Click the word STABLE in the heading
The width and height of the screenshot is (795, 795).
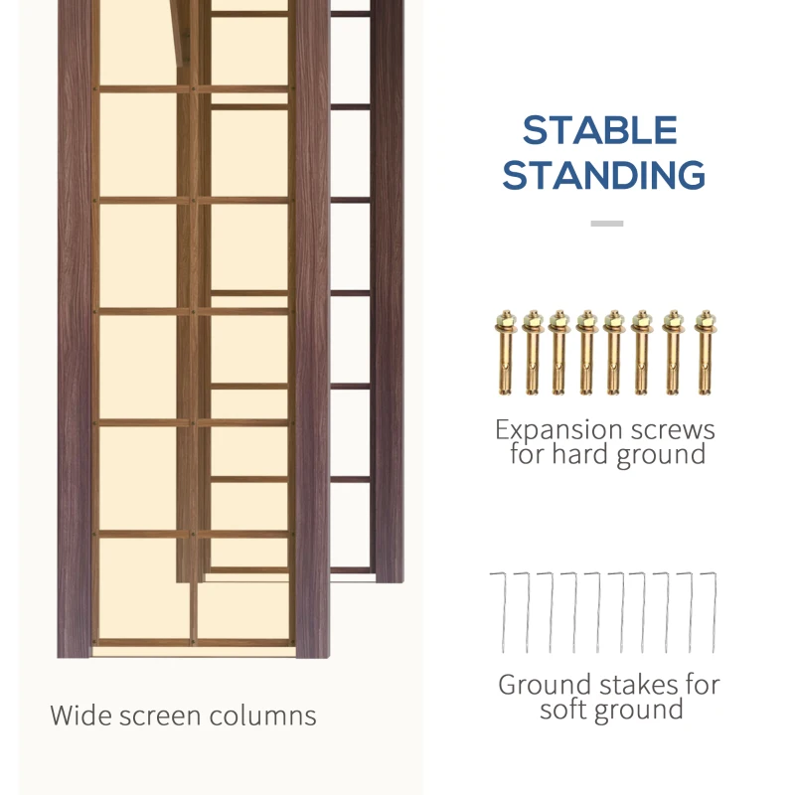[600, 130]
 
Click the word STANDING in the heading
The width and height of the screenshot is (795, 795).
[604, 175]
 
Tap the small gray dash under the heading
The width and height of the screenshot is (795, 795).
[607, 223]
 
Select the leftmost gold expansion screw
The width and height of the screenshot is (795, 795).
[506, 353]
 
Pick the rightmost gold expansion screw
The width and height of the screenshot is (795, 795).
[706, 353]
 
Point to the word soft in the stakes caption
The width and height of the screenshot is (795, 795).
[561, 709]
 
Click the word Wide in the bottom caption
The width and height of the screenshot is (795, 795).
[80, 715]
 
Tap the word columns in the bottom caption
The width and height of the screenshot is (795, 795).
[262, 715]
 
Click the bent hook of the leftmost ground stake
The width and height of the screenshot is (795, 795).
[498, 574]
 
